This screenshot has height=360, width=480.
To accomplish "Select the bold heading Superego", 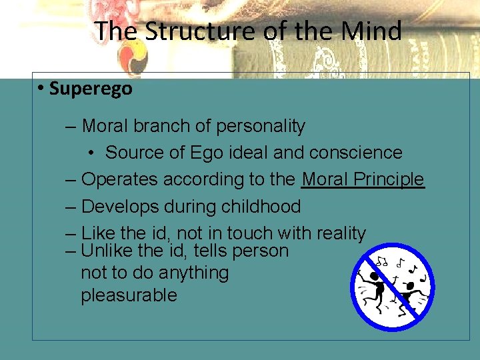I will click(91, 89).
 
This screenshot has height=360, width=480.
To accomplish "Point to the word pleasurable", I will click(129, 295).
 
